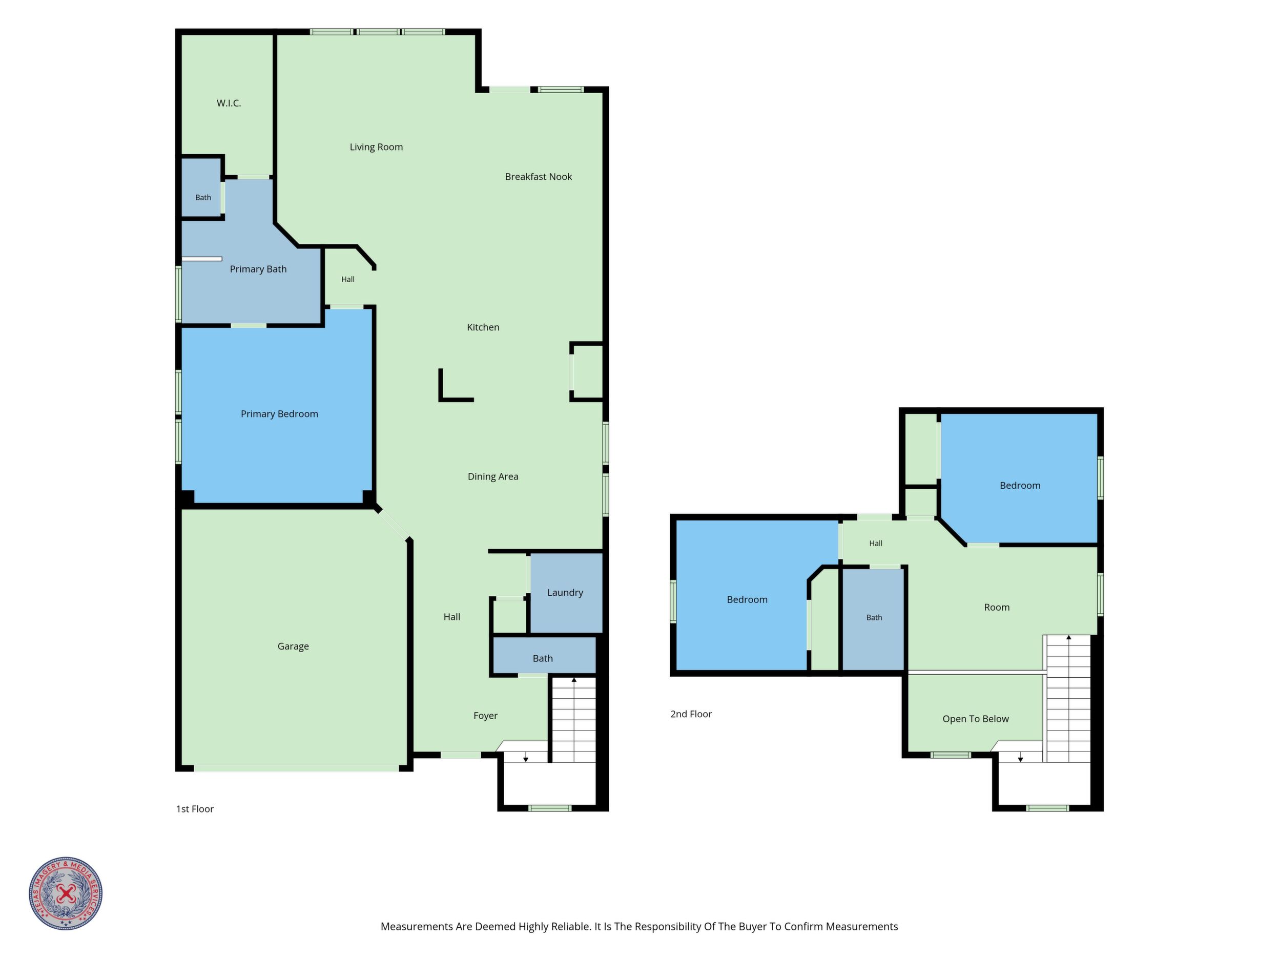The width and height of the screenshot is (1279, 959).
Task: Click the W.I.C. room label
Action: click(x=229, y=103)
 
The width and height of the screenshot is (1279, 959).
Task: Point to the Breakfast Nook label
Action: click(x=539, y=177)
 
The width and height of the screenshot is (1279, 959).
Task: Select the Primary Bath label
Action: click(x=258, y=269)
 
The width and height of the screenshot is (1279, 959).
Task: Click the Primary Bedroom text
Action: click(x=279, y=414)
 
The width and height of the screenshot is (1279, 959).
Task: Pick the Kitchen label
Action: click(x=483, y=327)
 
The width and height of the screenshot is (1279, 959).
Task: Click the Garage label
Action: click(x=293, y=647)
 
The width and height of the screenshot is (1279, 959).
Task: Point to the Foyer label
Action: click(x=485, y=716)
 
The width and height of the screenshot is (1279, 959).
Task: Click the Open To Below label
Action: click(x=976, y=719)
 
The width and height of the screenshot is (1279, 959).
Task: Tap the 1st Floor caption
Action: click(x=195, y=809)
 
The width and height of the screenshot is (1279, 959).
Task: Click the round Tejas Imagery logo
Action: click(x=66, y=893)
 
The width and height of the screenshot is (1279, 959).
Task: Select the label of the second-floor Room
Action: click(x=997, y=608)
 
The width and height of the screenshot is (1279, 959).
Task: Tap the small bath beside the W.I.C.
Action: click(x=202, y=189)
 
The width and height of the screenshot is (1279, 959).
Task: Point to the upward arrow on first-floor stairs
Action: click(x=574, y=680)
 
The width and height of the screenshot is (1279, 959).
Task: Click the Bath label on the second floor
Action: click(x=874, y=618)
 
